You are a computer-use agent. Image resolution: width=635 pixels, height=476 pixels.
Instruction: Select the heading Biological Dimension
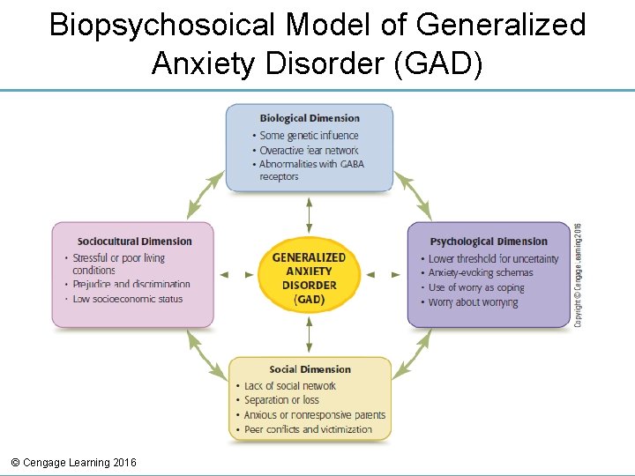tap(310, 118)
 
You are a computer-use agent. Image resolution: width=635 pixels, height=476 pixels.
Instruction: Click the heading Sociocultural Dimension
tap(134, 242)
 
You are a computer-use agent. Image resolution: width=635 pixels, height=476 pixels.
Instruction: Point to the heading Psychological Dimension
tap(489, 242)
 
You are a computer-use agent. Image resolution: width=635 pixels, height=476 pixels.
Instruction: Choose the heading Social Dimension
tap(310, 369)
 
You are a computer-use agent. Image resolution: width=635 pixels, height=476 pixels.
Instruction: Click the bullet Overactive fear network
tap(309, 150)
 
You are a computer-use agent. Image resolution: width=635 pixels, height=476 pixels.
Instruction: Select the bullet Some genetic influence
tap(309, 136)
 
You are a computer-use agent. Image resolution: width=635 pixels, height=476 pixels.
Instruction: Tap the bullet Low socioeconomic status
tap(127, 299)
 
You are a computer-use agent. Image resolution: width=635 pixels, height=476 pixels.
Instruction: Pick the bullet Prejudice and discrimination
tap(131, 285)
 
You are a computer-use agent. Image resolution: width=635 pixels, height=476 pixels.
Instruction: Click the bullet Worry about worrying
tap(473, 302)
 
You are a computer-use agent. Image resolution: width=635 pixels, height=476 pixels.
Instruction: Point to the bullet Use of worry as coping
tap(476, 287)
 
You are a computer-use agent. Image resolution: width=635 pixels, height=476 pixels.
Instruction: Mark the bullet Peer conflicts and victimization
tap(308, 429)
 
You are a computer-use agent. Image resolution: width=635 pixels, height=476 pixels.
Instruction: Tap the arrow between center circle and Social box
tap(310, 335)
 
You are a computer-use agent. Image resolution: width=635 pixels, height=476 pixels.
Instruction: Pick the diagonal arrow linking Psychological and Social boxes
tap(412, 355)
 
